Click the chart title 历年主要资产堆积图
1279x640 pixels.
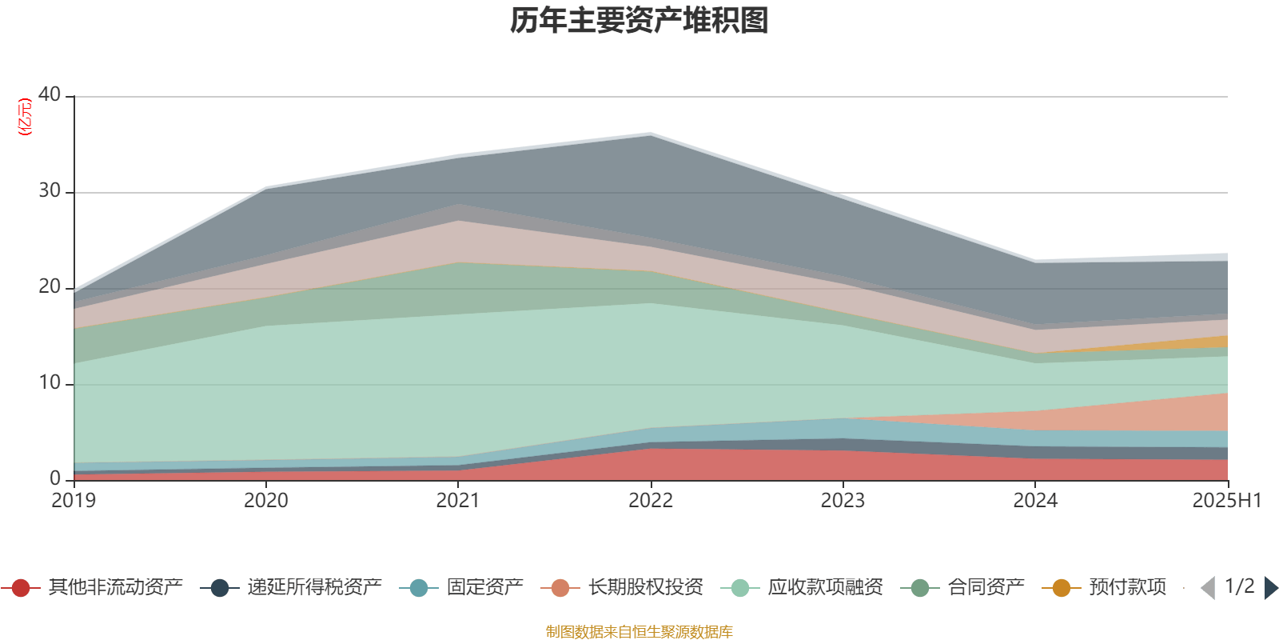[639, 21]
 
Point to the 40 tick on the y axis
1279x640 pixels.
[50, 94]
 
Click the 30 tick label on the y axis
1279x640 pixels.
[50, 190]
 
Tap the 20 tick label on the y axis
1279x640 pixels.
[50, 286]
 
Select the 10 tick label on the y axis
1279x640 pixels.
[50, 382]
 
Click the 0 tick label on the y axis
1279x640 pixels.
[55, 478]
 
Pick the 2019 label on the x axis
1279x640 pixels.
[74, 501]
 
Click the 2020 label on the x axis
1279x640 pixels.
[266, 501]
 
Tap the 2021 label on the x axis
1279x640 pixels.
[458, 501]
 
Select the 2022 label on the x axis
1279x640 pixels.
[651, 501]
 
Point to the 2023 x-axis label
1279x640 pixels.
[843, 501]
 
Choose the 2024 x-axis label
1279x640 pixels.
[1035, 501]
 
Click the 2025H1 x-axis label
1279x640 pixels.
[1226, 501]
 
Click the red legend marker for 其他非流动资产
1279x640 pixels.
[22, 588]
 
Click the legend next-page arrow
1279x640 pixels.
[1270, 588]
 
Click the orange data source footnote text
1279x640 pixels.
[639, 632]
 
